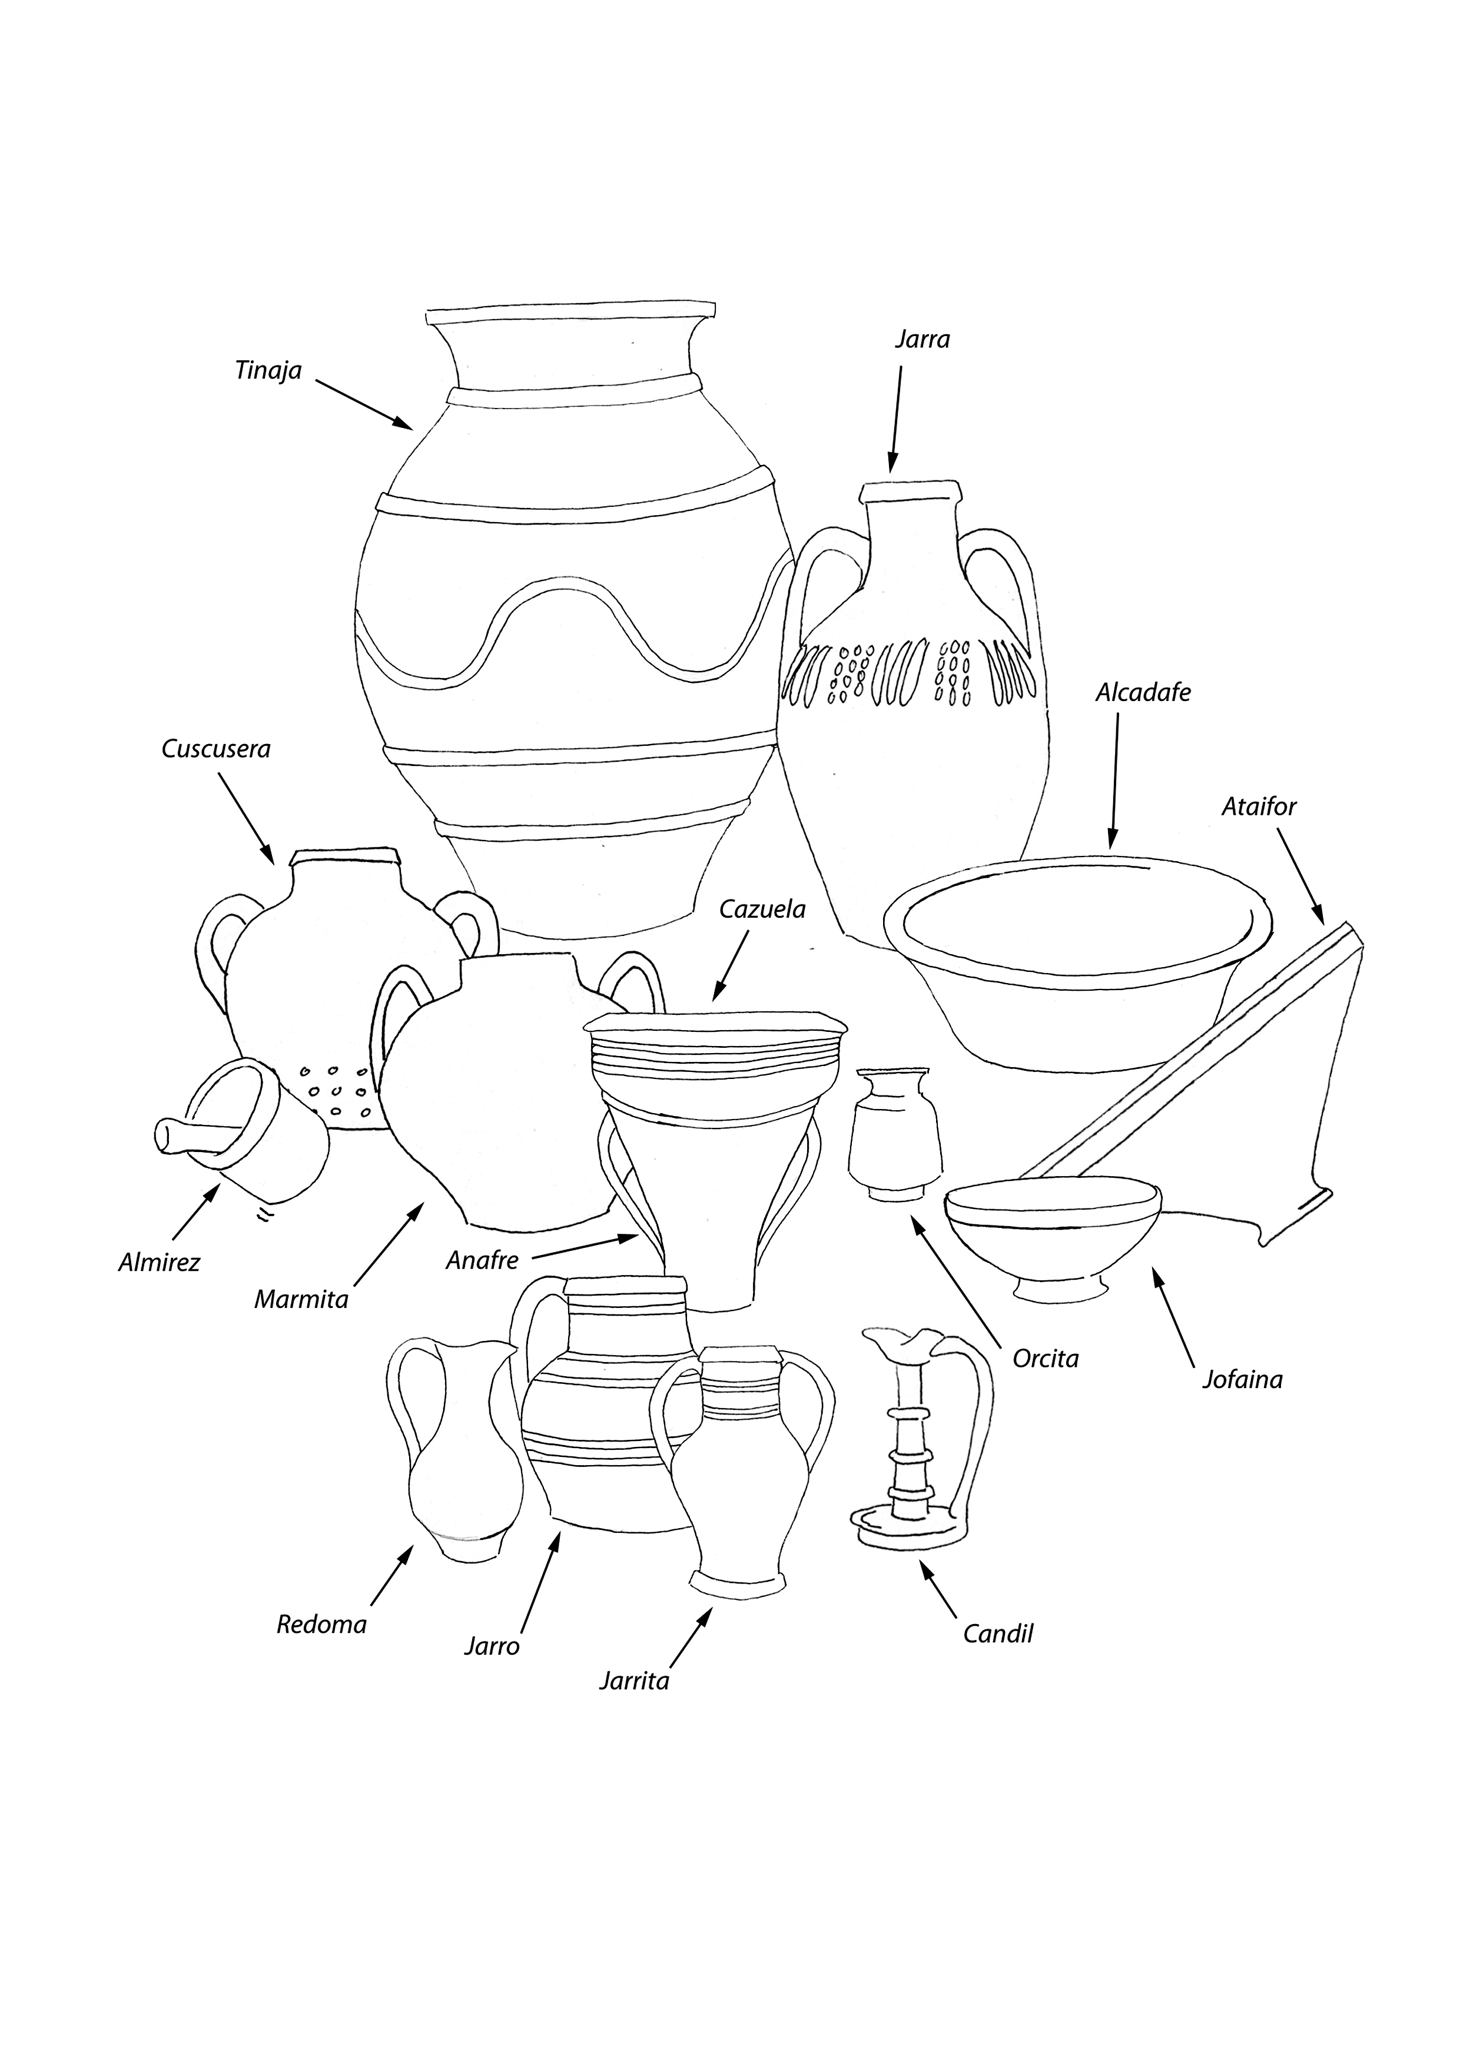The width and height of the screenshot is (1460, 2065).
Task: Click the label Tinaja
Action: point(268,370)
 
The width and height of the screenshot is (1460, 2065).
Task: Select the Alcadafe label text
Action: point(1143,692)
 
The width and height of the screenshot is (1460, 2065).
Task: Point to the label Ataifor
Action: point(1259,807)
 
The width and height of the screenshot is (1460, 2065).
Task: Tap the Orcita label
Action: point(1046,1358)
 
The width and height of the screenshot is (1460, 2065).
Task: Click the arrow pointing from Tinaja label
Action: point(364,405)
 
